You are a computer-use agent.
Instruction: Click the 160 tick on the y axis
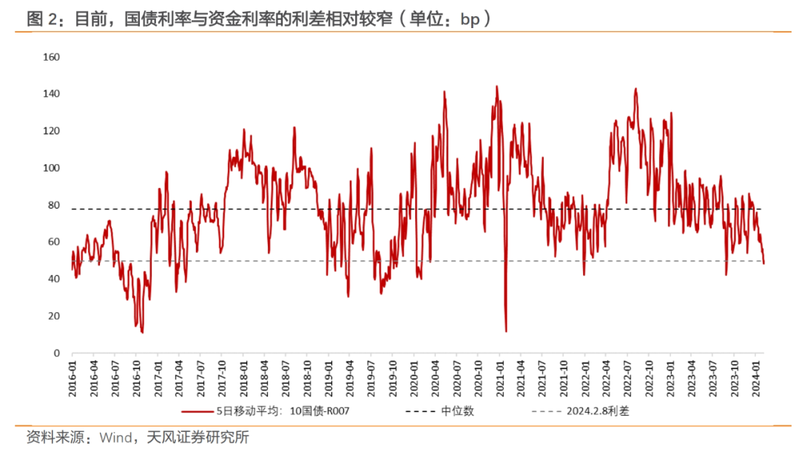[x=51, y=57]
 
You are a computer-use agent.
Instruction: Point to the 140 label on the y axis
[x=51, y=94]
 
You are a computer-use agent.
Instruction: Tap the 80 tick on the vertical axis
[x=54, y=205]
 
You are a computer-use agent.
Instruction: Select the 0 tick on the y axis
[x=56, y=353]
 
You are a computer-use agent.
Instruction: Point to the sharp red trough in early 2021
[x=506, y=331]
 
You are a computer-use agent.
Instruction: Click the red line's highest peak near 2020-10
[x=496, y=87]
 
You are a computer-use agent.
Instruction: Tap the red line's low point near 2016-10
[x=141, y=332]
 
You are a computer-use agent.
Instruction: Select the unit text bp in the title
[x=470, y=20]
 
